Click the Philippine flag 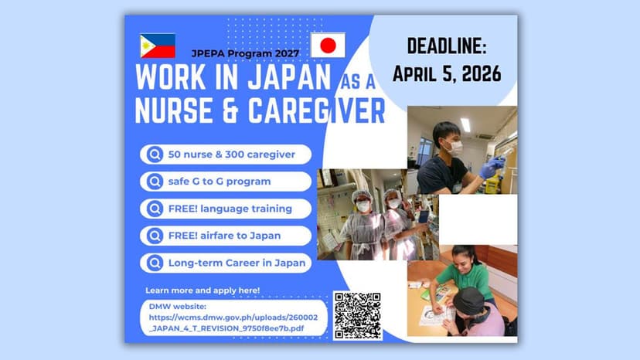[x=157, y=46]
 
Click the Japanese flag [x=327, y=46]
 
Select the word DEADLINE [x=446, y=48]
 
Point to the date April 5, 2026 [x=446, y=73]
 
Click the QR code [x=358, y=315]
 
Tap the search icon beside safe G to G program [x=154, y=182]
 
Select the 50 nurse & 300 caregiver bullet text [x=231, y=155]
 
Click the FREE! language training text [x=230, y=209]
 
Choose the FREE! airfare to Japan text [x=224, y=236]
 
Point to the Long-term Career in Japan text [x=236, y=263]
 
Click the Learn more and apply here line [x=203, y=290]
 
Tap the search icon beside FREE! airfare [x=154, y=236]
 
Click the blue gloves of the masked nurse [x=491, y=168]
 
